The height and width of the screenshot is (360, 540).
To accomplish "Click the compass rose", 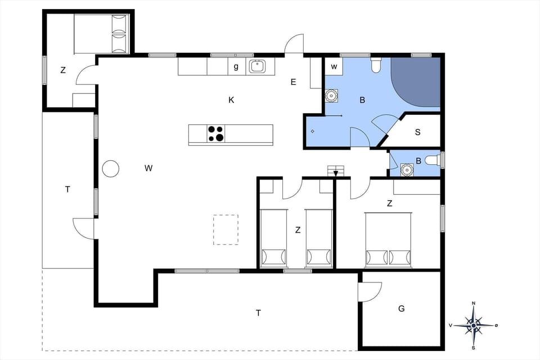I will pyautogui.click(x=474, y=325).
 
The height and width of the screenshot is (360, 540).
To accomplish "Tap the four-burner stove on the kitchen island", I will pyautogui.click(x=216, y=134).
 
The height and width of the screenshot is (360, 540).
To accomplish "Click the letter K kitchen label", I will pyautogui.click(x=231, y=100).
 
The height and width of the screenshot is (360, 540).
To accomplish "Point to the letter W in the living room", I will pyautogui.click(x=148, y=168).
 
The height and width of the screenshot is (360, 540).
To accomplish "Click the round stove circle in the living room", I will pyautogui.click(x=110, y=168).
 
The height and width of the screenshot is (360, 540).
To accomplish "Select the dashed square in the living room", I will pyautogui.click(x=226, y=229).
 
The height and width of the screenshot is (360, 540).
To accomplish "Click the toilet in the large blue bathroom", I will pyautogui.click(x=376, y=66).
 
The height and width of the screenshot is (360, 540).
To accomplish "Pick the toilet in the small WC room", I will pyautogui.click(x=432, y=161).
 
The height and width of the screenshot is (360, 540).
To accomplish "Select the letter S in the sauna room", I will pyautogui.click(x=417, y=132).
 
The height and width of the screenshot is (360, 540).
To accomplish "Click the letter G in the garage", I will pyautogui.click(x=401, y=308).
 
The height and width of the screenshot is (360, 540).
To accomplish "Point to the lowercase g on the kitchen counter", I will pyautogui.click(x=236, y=66).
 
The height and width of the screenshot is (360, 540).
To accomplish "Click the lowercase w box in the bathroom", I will pyautogui.click(x=334, y=66).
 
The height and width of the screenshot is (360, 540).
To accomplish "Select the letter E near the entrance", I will pyautogui.click(x=293, y=82).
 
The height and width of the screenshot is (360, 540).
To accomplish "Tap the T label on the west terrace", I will pyautogui.click(x=67, y=190).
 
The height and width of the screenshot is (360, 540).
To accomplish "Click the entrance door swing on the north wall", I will pyautogui.click(x=294, y=44).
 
